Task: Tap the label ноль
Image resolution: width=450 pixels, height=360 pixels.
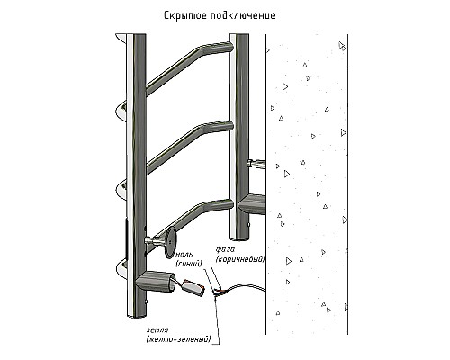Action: click(x=184, y=255)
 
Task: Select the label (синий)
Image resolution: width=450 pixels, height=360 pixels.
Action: click(x=189, y=264)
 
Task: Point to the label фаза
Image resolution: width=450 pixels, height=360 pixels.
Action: click(x=225, y=249)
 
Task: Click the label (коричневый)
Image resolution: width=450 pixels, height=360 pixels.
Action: click(x=240, y=258)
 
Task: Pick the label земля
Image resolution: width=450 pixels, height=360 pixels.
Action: click(x=157, y=330)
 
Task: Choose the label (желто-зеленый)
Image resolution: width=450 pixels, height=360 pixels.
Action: click(x=178, y=339)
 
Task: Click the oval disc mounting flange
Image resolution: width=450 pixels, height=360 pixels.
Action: click(x=171, y=242)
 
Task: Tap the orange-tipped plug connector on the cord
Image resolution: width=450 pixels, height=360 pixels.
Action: click(x=193, y=288)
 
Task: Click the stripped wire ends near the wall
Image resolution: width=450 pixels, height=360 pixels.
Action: click(x=220, y=292)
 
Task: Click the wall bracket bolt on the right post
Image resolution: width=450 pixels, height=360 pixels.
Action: click(x=256, y=164)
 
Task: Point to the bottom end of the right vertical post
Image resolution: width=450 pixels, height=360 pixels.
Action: click(x=239, y=237)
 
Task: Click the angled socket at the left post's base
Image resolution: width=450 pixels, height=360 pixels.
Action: click(x=156, y=282)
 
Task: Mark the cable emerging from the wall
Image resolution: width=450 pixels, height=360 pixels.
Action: click(x=247, y=287)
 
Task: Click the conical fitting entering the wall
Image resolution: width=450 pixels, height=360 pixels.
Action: click(x=252, y=204)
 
